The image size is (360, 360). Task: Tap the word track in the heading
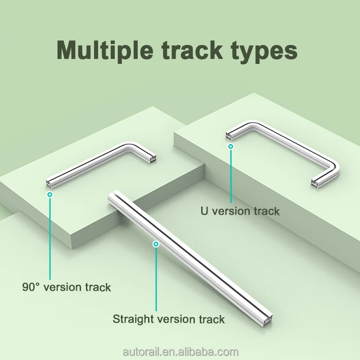pyautogui.click(x=192, y=50)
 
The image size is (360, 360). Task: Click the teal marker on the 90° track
pyautogui.click(x=49, y=195)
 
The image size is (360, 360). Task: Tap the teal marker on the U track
pyautogui.click(x=231, y=146)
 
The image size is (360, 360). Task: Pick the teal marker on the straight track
pyautogui.click(x=156, y=244)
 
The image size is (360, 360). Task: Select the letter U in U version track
pyautogui.click(x=204, y=211)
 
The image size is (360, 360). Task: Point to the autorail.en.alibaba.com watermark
pyautogui.click(x=181, y=352)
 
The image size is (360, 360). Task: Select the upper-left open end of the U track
pyautogui.click(x=229, y=135)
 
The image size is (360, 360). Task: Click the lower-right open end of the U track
pyautogui.click(x=315, y=183)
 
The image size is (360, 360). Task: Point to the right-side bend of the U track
pyautogui.click(x=334, y=167)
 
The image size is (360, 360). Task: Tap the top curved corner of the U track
pyautogui.click(x=252, y=124)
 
